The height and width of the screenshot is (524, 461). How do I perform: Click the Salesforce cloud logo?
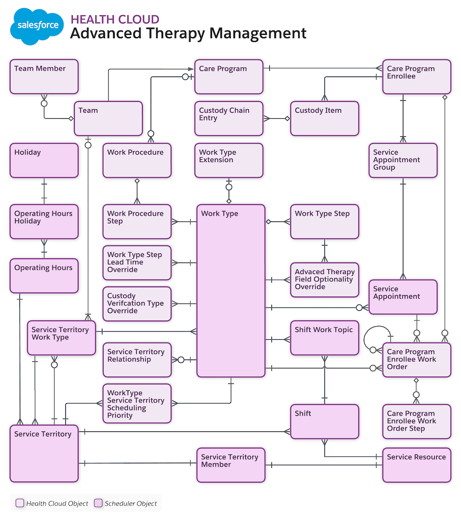click(x=38, y=26)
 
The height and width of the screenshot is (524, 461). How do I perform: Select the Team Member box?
click(x=44, y=76)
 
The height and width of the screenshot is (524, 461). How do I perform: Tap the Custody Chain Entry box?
click(x=229, y=118)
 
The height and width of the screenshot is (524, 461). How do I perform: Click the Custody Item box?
click(x=325, y=118)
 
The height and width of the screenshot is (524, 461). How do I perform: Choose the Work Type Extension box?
click(x=229, y=160)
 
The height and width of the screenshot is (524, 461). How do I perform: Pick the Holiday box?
click(x=44, y=160)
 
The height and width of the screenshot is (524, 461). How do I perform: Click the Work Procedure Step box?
click(x=137, y=221)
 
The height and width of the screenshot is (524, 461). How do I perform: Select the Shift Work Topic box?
click(x=325, y=338)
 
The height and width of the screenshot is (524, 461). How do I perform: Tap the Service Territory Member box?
click(x=231, y=465)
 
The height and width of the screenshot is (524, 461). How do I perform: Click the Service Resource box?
click(x=417, y=465)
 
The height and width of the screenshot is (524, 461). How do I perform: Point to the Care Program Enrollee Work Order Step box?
click(x=417, y=421)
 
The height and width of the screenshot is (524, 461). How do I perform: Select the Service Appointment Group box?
click(x=403, y=160)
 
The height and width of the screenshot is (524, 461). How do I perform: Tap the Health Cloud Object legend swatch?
click(x=19, y=503)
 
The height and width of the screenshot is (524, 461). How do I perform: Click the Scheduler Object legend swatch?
click(x=98, y=503)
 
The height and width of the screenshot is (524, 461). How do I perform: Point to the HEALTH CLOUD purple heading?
click(x=115, y=19)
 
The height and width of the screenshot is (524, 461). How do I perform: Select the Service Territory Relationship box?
click(x=137, y=360)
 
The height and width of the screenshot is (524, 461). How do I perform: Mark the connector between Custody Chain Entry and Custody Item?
click(x=277, y=118)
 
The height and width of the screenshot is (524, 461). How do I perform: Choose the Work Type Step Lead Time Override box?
click(x=137, y=262)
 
